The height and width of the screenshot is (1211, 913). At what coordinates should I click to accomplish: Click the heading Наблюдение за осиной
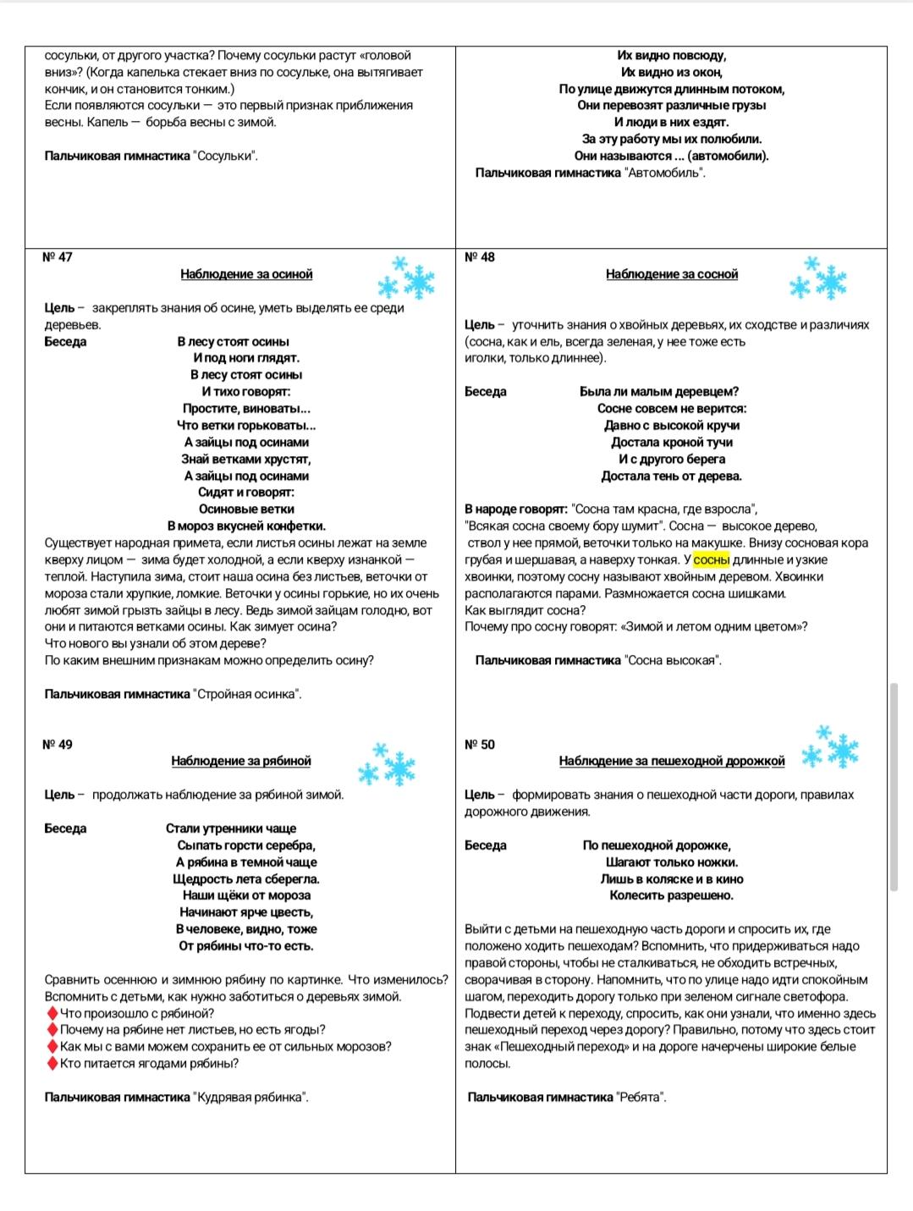pos(246,274)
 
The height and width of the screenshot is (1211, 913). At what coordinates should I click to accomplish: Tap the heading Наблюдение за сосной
pos(672,274)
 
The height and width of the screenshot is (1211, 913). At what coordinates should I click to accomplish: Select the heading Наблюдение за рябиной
pos(241,761)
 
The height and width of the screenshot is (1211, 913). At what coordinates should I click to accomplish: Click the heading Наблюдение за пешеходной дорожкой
pos(672,761)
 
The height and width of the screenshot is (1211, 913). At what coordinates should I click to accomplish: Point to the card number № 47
pos(58,257)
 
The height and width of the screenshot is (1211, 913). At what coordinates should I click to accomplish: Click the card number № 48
pos(480,257)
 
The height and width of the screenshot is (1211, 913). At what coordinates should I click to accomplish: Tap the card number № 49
pos(58,745)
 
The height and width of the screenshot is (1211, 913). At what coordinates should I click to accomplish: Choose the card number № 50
pos(480,745)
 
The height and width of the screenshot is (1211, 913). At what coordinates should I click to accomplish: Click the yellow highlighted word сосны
pos(711,560)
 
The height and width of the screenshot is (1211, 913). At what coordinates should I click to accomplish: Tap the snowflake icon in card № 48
pos(818,279)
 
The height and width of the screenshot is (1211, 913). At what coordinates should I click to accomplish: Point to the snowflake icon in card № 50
pos(830,747)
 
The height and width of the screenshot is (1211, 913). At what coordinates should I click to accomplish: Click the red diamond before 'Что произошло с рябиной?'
pos(52,1014)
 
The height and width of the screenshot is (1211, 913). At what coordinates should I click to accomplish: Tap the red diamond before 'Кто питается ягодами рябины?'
pos(52,1064)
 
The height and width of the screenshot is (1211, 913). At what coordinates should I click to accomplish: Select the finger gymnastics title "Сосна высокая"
pos(673,661)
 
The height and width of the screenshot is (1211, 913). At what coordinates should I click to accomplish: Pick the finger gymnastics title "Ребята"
pos(641,1098)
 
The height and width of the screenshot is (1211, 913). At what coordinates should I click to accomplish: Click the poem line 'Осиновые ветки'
pos(246,509)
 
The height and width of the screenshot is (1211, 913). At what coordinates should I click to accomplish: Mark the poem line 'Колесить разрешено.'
pos(672,895)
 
